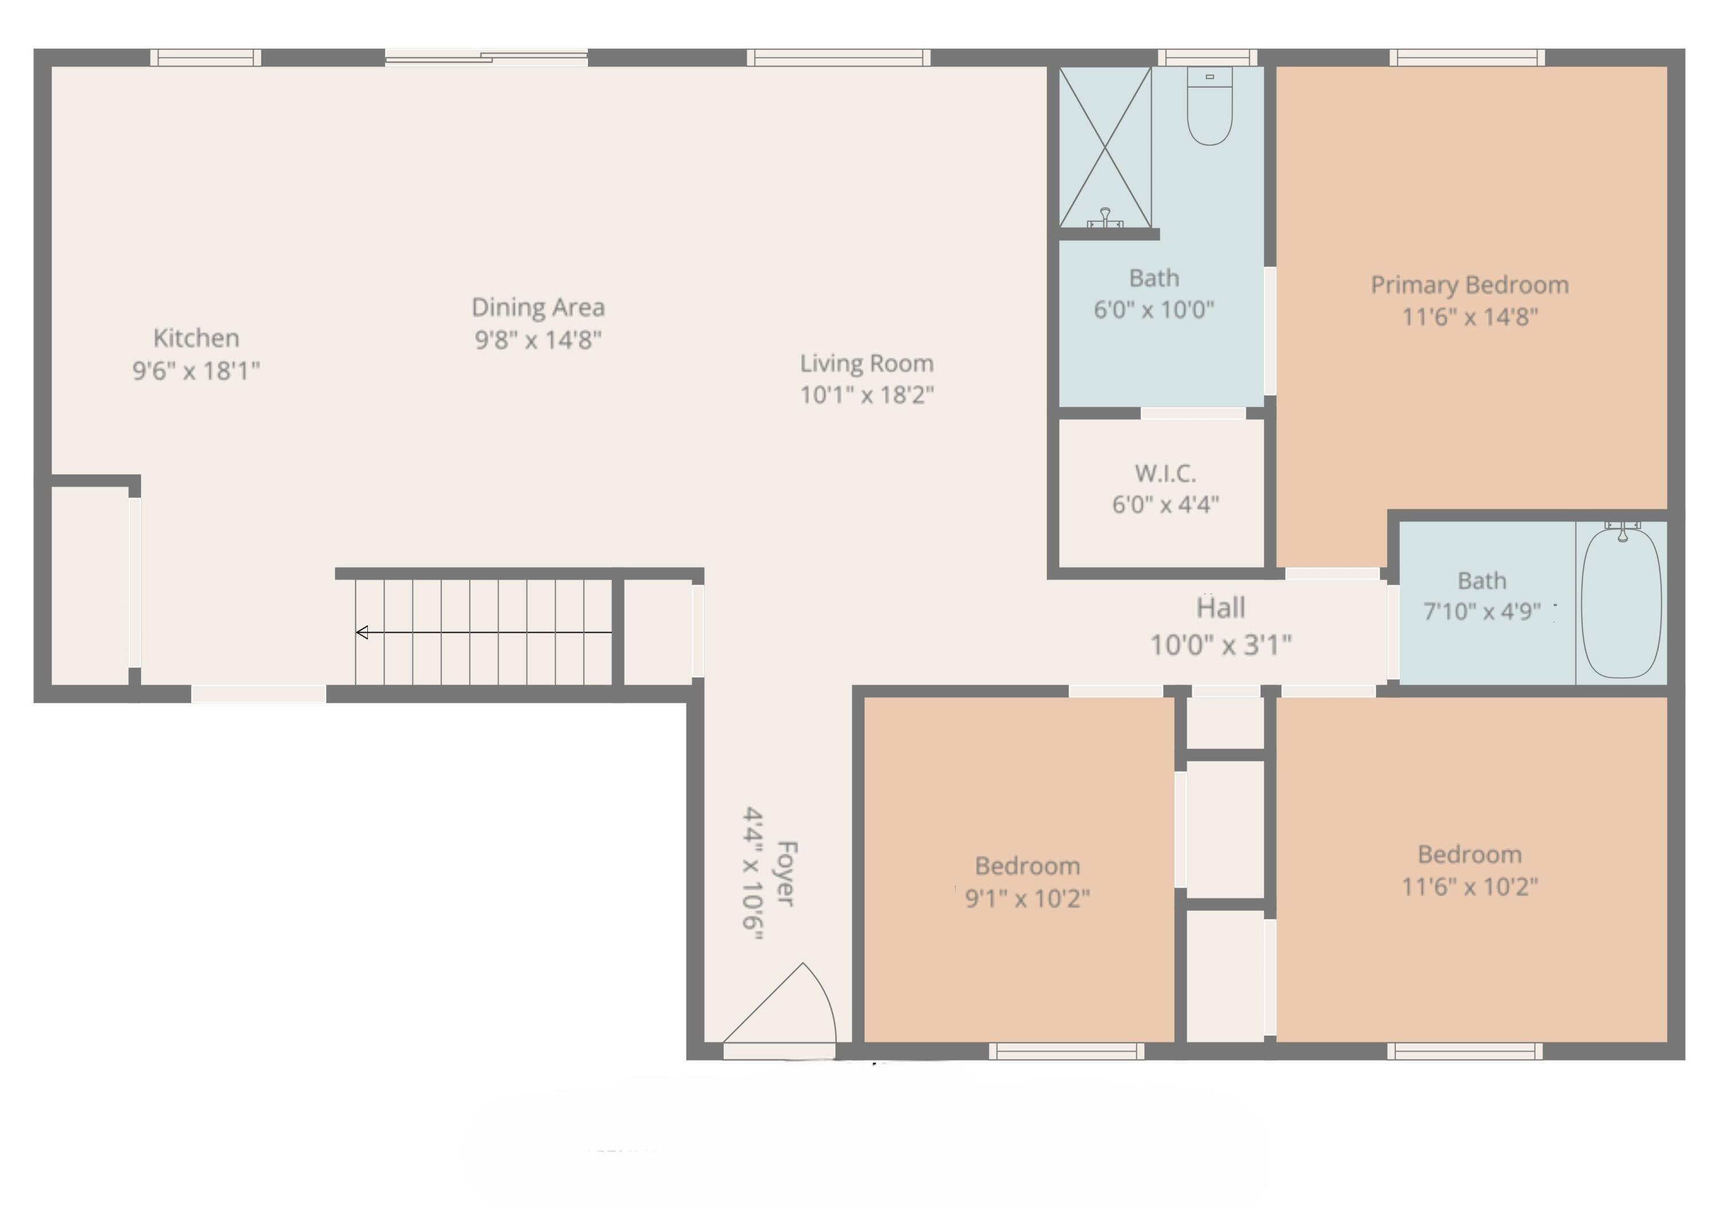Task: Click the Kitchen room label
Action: click(x=196, y=338)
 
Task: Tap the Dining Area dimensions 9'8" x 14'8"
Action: click(x=537, y=340)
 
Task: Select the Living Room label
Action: click(x=866, y=363)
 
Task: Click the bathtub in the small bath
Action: click(x=1621, y=603)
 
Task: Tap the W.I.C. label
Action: click(x=1165, y=474)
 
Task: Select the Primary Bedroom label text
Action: click(x=1469, y=284)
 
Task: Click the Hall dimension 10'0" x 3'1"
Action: click(x=1220, y=645)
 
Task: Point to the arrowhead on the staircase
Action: click(x=362, y=633)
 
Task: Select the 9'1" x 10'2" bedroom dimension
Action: click(x=1027, y=898)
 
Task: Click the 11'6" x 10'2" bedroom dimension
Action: click(x=1469, y=887)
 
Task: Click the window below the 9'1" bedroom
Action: click(x=1066, y=1051)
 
